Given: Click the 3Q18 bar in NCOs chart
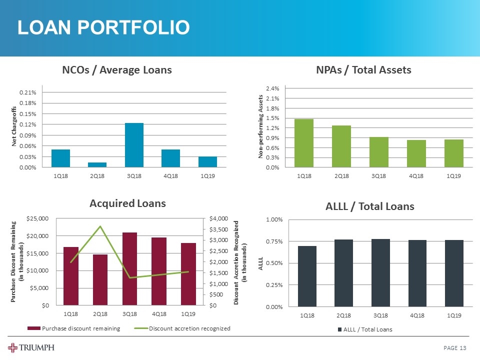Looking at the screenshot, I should pos(134,145).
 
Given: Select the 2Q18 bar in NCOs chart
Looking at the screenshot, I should pos(97,164).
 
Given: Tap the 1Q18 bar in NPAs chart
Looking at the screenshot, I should pos(304,143).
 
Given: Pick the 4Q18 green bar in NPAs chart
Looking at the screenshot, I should pos(416,153).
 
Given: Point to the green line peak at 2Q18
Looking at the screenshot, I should pos(100,226).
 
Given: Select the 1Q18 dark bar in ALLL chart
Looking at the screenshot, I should pos(307,276).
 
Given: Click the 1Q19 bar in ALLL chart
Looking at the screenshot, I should pos(454,273).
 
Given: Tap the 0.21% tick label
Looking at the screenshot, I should pos(27,92).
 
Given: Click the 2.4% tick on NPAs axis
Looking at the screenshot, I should pos(272,88).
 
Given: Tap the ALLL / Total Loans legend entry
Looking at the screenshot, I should pos(366,329).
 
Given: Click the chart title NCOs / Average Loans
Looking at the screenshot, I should pos(116,70).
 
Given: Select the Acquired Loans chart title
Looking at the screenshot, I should pos(127,203).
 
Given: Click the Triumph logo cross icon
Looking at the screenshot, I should pos(13,348).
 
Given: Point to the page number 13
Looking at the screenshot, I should pos(463,348).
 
